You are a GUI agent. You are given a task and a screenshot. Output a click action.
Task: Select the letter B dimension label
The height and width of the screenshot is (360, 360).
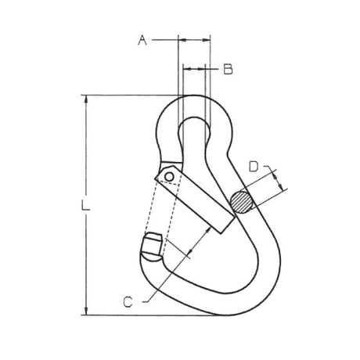(228, 70)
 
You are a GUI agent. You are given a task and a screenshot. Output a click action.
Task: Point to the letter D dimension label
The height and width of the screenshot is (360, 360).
(254, 166)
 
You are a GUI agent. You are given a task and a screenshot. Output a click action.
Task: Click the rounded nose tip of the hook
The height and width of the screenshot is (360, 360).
(151, 248)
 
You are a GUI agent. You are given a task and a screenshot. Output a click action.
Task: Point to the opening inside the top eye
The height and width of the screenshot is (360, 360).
(194, 133)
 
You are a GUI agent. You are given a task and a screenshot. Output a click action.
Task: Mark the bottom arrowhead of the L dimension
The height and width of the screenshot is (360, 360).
(85, 311)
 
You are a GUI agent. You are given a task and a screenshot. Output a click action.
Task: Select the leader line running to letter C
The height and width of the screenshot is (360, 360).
(168, 274)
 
